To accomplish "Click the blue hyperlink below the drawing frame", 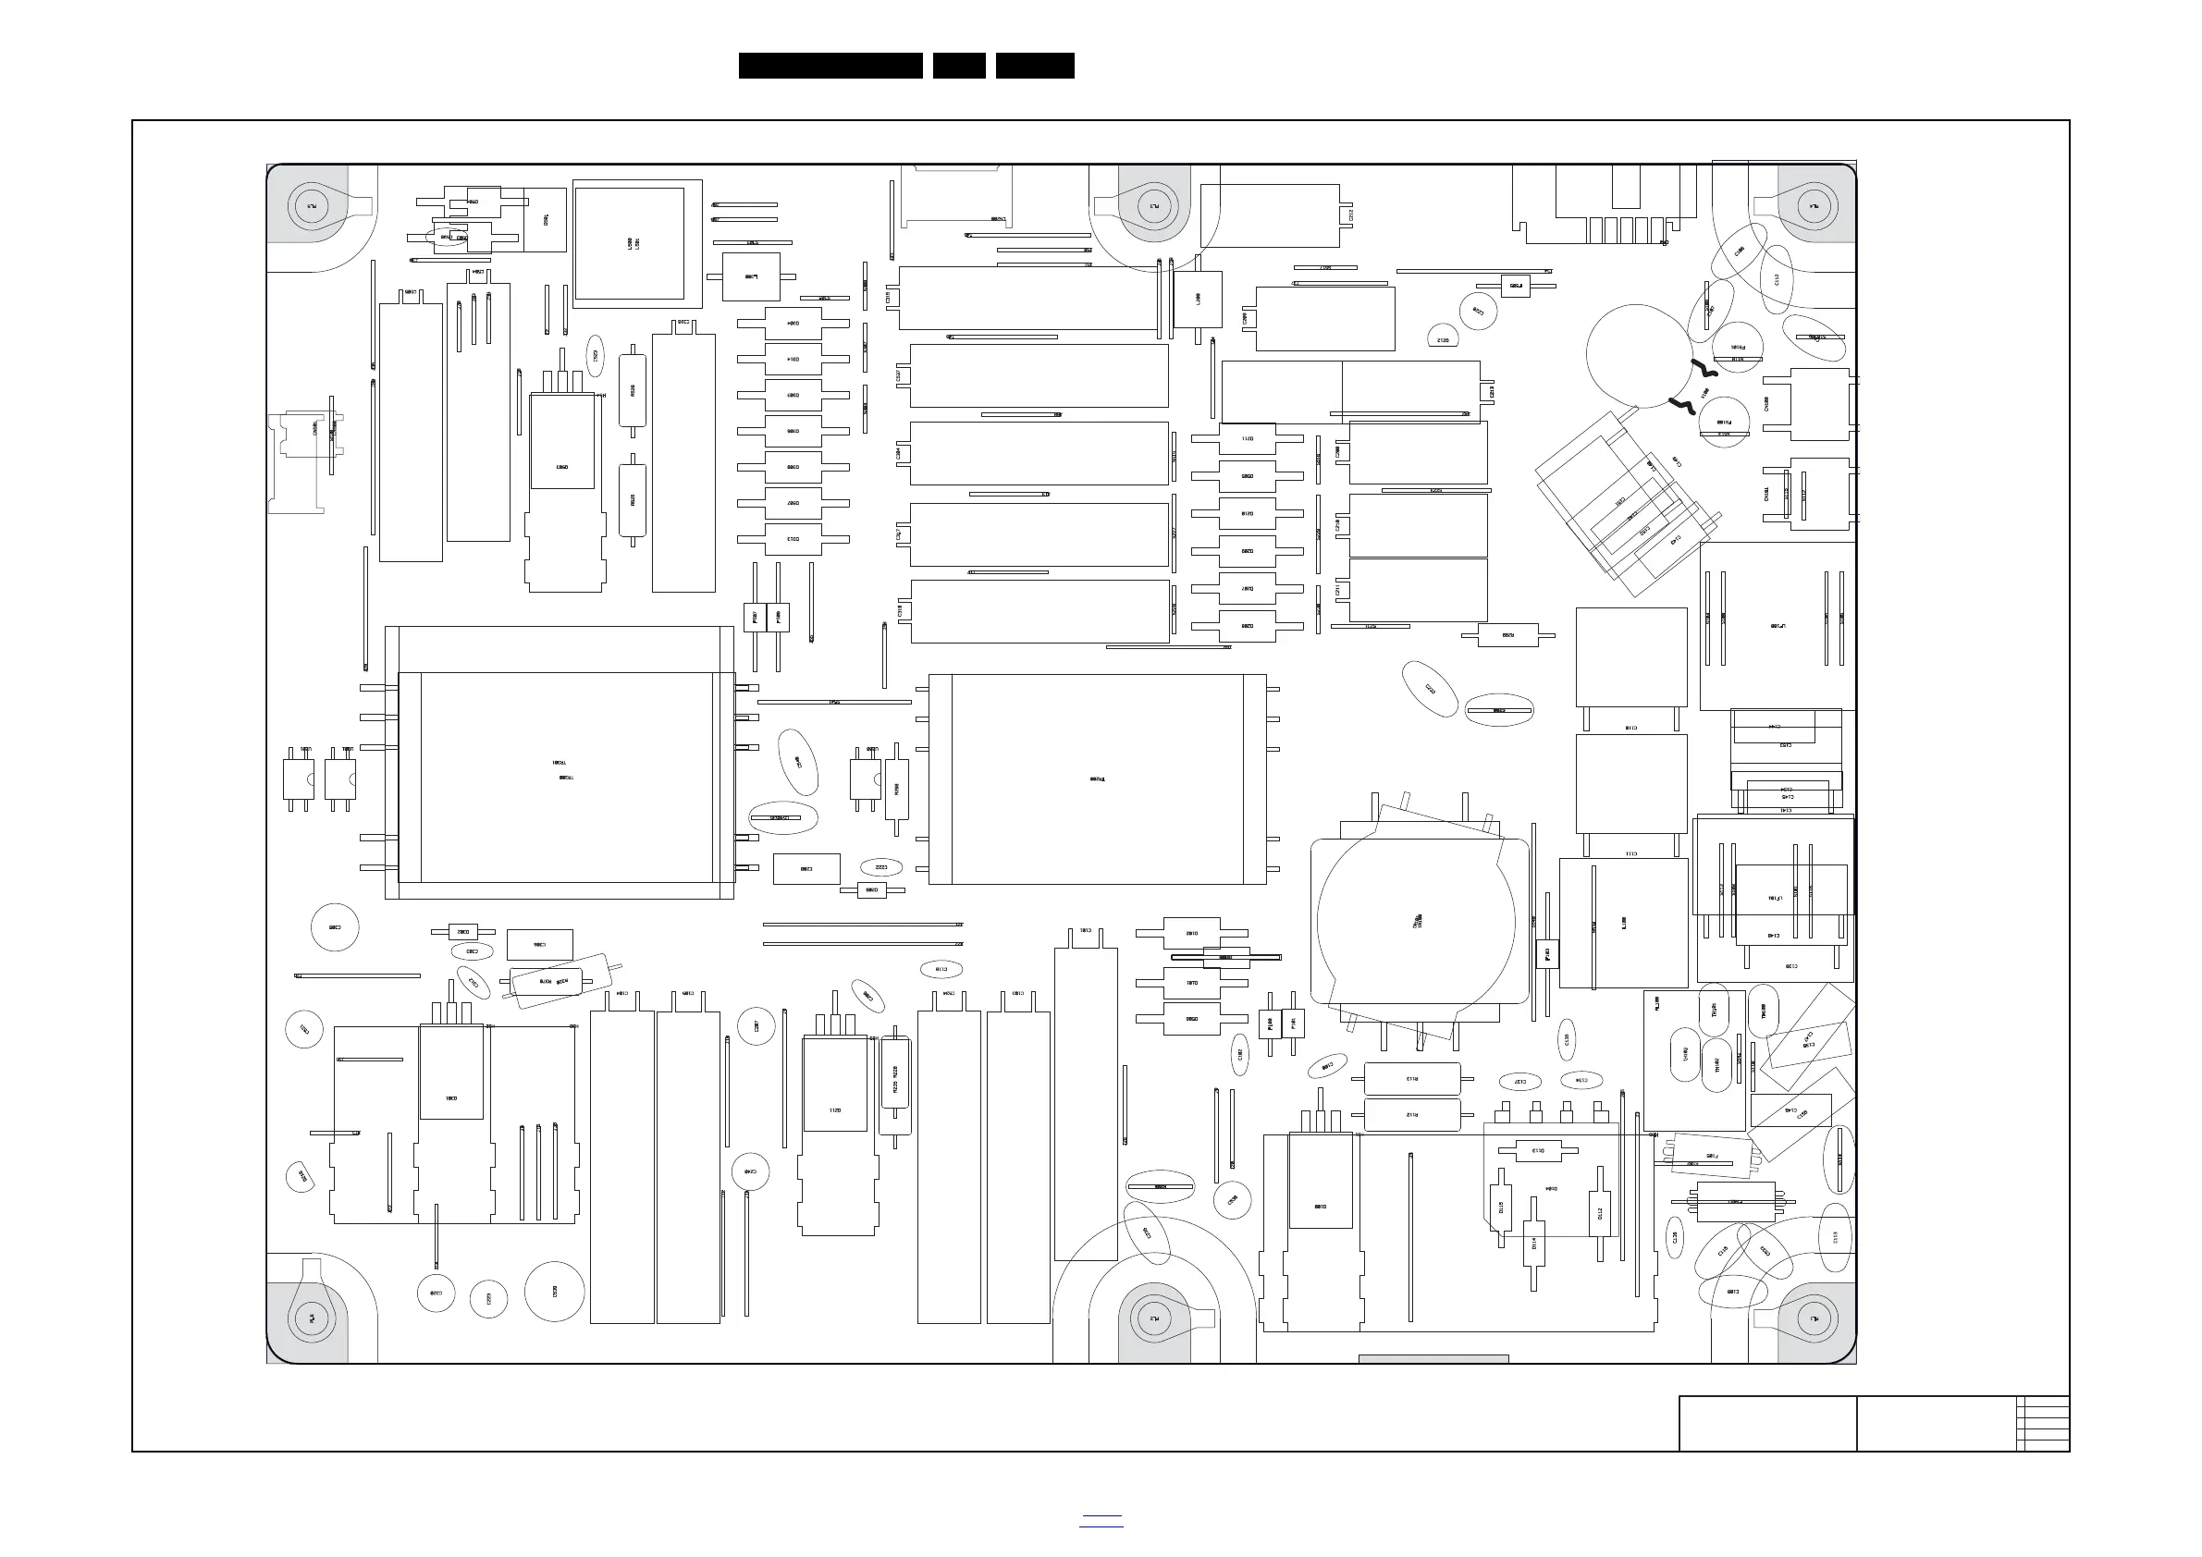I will pyautogui.click(x=1101, y=1521).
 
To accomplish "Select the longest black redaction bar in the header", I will pyautogui.click(x=830, y=66).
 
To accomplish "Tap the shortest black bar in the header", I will pyautogui.click(x=958, y=66).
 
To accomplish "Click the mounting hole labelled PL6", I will pyautogui.click(x=313, y=1318).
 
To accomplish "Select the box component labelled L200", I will pyautogui.click(x=1198, y=300).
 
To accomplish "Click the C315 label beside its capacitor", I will pyautogui.click(x=888, y=298).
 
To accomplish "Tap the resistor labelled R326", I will pyautogui.click(x=632, y=390).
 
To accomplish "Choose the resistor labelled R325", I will pyautogui.click(x=632, y=500).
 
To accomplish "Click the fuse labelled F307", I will pyautogui.click(x=755, y=618).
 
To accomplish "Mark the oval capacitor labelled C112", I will pyautogui.click(x=1777, y=279).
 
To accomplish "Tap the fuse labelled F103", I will pyautogui.click(x=1546, y=954).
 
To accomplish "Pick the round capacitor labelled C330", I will pyautogui.click(x=554, y=1292).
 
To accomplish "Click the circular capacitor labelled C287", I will pyautogui.click(x=757, y=1027).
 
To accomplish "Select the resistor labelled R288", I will pyautogui.click(x=897, y=789).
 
